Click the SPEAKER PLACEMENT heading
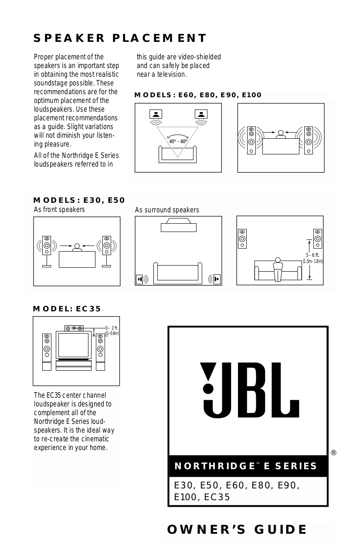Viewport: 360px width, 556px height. pyautogui.click(x=120, y=38)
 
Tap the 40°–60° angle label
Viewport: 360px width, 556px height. pyautogui.click(x=178, y=141)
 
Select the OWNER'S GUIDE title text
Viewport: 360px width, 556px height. pyautogui.click(x=237, y=529)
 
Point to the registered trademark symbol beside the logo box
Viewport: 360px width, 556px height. pyautogui.click(x=333, y=453)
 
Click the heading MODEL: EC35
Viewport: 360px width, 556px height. pyautogui.click(x=67, y=309)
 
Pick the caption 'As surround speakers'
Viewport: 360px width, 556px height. pyautogui.click(x=167, y=210)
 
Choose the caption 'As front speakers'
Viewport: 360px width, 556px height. pyautogui.click(x=59, y=210)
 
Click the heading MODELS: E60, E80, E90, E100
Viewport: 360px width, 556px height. pyautogui.click(x=198, y=95)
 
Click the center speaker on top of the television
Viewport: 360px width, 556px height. pyautogui.click(x=74, y=328)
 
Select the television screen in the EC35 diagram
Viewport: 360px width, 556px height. pyautogui.click(x=73, y=345)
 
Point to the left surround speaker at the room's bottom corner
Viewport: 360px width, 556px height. pyautogui.click(x=140, y=279)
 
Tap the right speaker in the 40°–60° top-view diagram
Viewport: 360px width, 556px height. pyautogui.click(x=201, y=115)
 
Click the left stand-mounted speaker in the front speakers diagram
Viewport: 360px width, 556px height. pyautogui.click(x=47, y=249)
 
